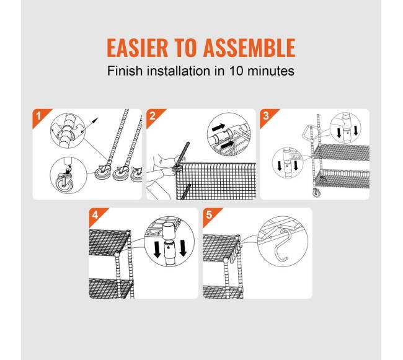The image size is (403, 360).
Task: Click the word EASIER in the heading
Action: click(x=137, y=48)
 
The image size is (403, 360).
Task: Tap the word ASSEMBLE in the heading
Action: click(x=249, y=48)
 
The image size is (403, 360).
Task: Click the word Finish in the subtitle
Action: click(x=125, y=71)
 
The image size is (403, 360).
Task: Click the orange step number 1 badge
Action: click(x=40, y=116)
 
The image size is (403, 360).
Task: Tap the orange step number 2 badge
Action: click(x=154, y=116)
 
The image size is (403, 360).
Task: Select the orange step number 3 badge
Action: click(x=268, y=116)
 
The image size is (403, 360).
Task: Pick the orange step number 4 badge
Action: click(x=97, y=215)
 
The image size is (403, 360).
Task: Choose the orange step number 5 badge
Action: click(x=211, y=215)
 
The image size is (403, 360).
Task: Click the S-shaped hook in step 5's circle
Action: click(x=282, y=246)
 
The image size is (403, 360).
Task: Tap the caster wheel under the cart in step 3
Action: click(x=316, y=192)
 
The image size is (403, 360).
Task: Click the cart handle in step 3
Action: click(x=306, y=132)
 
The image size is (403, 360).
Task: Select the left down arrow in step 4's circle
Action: click(x=157, y=249)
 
